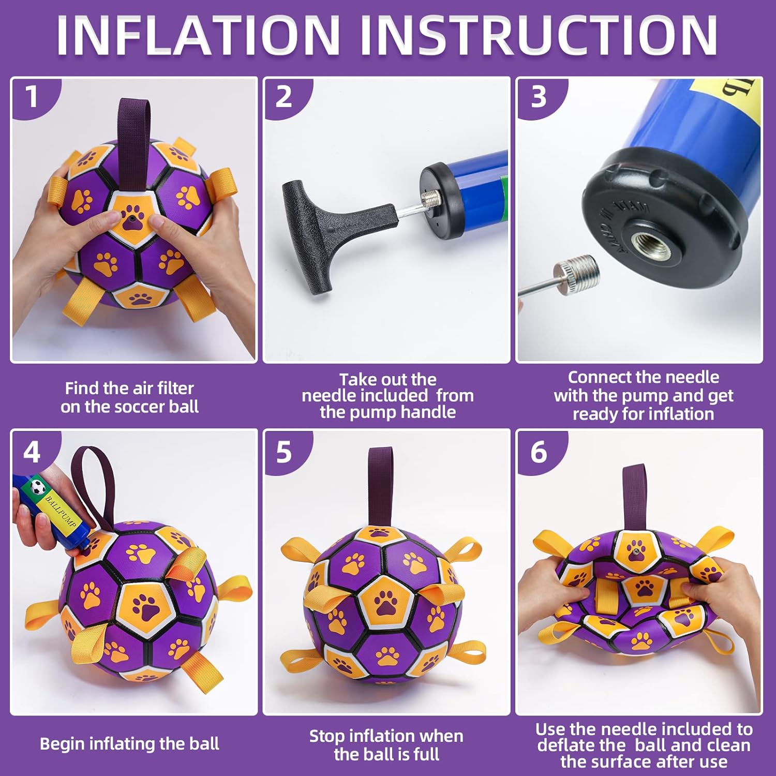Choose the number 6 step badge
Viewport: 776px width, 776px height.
coord(539,452)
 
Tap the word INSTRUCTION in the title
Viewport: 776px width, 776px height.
coord(539,35)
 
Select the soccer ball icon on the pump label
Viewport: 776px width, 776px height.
coord(37,486)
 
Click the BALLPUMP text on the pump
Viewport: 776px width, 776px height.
coord(61,512)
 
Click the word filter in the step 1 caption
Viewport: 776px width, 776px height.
coord(173,388)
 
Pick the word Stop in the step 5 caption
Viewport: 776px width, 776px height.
coord(327,736)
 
